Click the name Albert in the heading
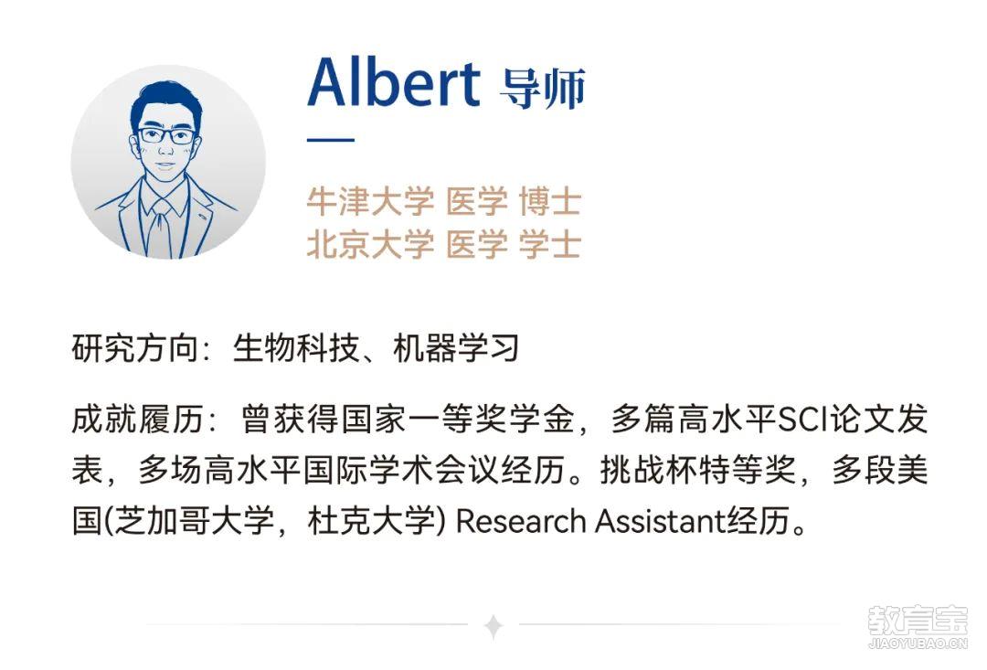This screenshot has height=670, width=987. click(394, 82)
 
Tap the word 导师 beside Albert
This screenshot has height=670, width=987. click(543, 89)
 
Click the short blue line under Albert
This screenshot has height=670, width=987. click(331, 139)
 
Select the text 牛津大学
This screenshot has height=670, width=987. click(370, 201)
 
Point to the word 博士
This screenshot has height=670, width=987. click(549, 201)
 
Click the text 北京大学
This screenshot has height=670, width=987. click(370, 244)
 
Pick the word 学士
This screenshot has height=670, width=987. click(549, 244)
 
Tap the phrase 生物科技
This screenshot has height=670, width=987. click(296, 347)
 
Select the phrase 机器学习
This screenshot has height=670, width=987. click(456, 347)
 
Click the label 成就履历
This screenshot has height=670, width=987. click(137, 419)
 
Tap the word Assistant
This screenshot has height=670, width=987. click(660, 521)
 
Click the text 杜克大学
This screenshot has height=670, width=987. click(371, 521)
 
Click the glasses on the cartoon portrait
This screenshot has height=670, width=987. click(166, 135)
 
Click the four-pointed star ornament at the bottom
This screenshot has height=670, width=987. click(494, 625)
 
